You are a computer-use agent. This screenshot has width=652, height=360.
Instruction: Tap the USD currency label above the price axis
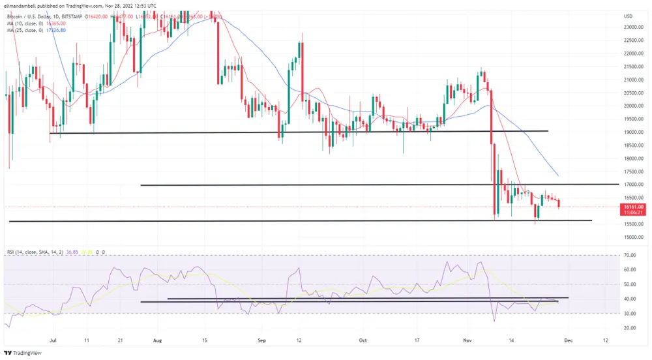[629, 16]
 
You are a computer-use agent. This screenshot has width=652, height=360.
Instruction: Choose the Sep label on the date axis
[261, 340]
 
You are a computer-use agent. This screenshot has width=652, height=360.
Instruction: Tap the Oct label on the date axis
[363, 340]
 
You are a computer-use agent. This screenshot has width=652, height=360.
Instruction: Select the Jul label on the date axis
[51, 340]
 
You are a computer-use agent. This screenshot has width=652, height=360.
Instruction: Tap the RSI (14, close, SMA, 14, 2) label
[33, 251]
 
